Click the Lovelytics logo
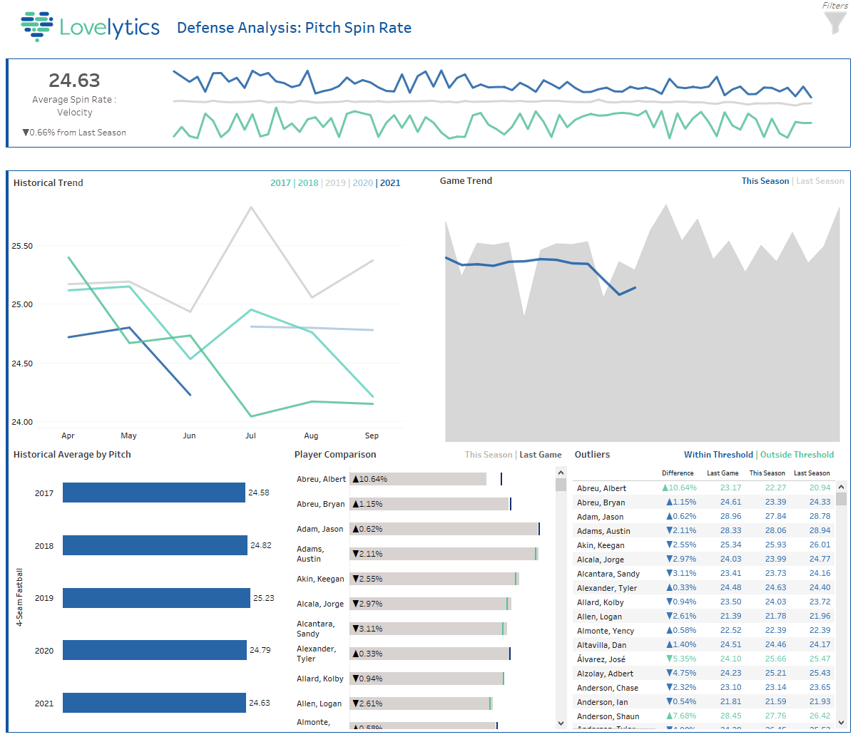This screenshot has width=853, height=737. (x=91, y=27)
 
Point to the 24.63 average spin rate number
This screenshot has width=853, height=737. (x=74, y=80)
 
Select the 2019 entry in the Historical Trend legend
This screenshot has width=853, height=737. (x=334, y=183)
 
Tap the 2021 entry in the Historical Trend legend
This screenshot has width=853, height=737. (x=390, y=183)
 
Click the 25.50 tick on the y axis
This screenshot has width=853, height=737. (x=23, y=246)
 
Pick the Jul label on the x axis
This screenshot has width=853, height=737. (x=250, y=435)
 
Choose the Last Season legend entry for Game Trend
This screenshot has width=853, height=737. (x=819, y=181)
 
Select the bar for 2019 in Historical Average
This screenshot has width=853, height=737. (x=156, y=598)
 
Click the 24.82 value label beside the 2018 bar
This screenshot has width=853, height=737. (x=261, y=545)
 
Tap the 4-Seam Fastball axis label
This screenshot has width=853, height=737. (x=20, y=597)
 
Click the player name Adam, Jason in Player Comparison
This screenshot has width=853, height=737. (x=320, y=529)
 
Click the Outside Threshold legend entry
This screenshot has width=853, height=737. (x=797, y=455)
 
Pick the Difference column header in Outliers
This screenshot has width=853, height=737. (x=678, y=473)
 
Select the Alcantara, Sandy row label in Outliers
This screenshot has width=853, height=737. (x=608, y=574)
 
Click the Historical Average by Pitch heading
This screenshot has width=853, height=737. (x=72, y=455)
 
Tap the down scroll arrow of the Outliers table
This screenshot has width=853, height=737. (x=842, y=723)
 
